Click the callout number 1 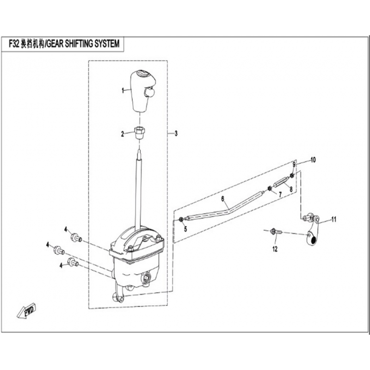coord(123,91)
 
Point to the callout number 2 coord(123,134)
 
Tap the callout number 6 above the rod coord(222,199)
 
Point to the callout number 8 coord(290,189)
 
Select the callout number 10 coord(313,160)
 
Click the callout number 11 coord(334,219)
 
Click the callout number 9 coord(293,165)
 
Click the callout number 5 coord(185,228)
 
